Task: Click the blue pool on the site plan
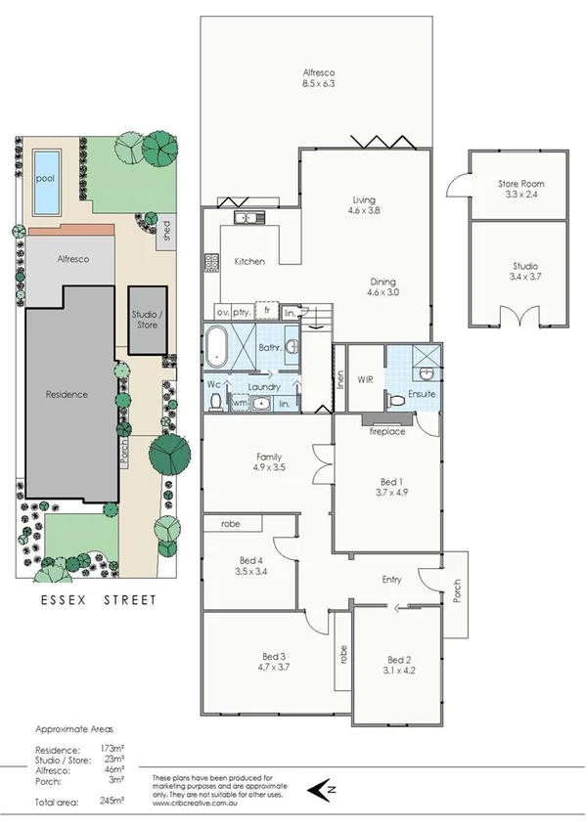[x=46, y=183]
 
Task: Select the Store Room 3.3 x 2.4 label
[x=519, y=189]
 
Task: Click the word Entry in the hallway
[x=392, y=580]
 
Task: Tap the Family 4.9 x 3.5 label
[x=269, y=462]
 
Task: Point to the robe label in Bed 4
[x=230, y=524]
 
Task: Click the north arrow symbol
[x=320, y=787]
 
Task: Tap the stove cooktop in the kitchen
[x=209, y=262]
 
